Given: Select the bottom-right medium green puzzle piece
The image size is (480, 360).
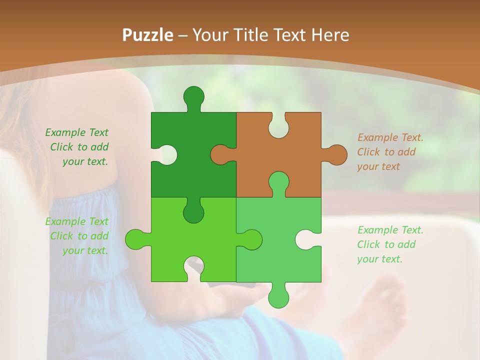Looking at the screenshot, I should tap(280, 250).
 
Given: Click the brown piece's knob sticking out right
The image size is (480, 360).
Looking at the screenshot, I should tap(336, 154).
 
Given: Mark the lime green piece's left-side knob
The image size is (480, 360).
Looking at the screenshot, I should tap(135, 239).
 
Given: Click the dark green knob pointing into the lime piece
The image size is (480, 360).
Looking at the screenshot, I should tap(193, 212).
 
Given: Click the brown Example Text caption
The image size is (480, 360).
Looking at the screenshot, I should tap(390, 152).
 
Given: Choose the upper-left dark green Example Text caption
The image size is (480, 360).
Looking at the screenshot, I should tap(77, 147).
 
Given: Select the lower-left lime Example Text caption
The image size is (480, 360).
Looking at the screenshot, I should tap(77, 236).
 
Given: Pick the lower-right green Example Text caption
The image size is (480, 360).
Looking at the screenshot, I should tap(390, 244).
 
